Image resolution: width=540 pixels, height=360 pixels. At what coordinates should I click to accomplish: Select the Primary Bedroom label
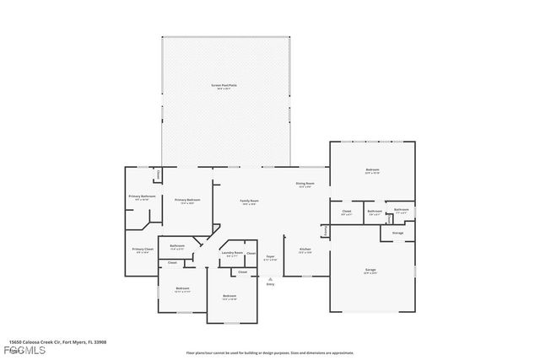point(185,200)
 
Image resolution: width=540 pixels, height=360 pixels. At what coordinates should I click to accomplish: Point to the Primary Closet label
point(142,250)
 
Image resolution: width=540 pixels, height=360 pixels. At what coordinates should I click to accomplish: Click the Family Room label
point(250,201)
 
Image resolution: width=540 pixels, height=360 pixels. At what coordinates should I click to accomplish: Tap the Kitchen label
point(305,250)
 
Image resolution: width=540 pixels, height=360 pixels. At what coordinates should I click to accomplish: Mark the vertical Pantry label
point(324,231)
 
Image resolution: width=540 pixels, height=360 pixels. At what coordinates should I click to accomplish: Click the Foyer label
point(271,256)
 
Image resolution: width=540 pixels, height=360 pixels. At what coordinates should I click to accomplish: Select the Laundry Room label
point(232,253)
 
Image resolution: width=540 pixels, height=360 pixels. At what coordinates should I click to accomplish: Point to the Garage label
point(371,271)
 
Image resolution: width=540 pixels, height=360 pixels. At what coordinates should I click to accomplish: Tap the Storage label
point(397,233)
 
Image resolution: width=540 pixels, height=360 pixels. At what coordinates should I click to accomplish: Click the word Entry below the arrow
point(270,284)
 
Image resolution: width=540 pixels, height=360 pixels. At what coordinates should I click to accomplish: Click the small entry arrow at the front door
point(270,278)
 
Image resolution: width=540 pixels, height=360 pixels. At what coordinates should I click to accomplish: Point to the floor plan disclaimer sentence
point(269,352)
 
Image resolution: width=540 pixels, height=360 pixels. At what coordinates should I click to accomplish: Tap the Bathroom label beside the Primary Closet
point(177,246)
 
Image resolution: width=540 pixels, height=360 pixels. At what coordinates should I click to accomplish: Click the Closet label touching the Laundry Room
point(251,253)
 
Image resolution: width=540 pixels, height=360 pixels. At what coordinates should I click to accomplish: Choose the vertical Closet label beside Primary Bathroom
point(159,175)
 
